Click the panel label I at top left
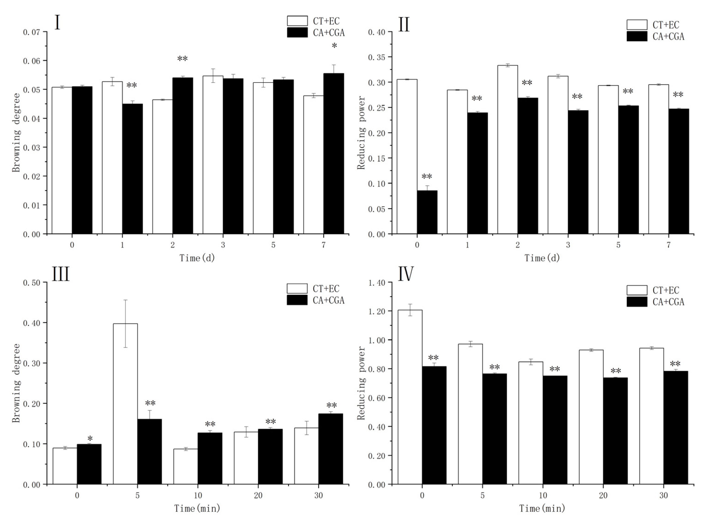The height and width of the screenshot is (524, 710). (x=57, y=23)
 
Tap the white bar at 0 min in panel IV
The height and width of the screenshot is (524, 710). (x=410, y=397)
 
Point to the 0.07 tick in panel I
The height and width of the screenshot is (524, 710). (x=31, y=32)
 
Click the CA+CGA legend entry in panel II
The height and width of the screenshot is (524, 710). (x=668, y=37)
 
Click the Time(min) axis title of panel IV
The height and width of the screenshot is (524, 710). (x=542, y=508)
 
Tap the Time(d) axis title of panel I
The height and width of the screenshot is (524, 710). (x=197, y=258)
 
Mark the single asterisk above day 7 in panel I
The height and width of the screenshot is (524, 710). (x=334, y=46)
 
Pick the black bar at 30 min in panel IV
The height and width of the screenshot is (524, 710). (x=676, y=427)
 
